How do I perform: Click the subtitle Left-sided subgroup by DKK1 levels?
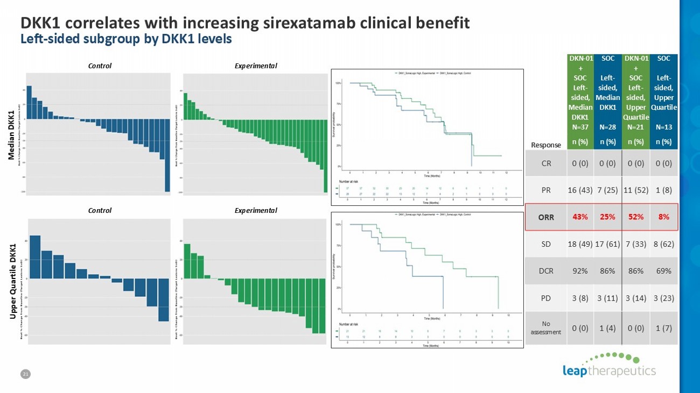(126, 39)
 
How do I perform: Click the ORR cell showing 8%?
(663, 217)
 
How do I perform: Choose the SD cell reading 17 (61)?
(607, 244)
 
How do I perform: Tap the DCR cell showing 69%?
(663, 271)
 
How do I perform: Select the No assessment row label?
(546, 328)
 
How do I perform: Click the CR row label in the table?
(546, 163)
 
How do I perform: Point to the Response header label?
(546, 145)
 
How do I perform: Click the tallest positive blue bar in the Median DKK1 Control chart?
(29, 102)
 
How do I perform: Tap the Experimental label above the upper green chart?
(256, 66)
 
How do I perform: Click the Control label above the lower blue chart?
(100, 210)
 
